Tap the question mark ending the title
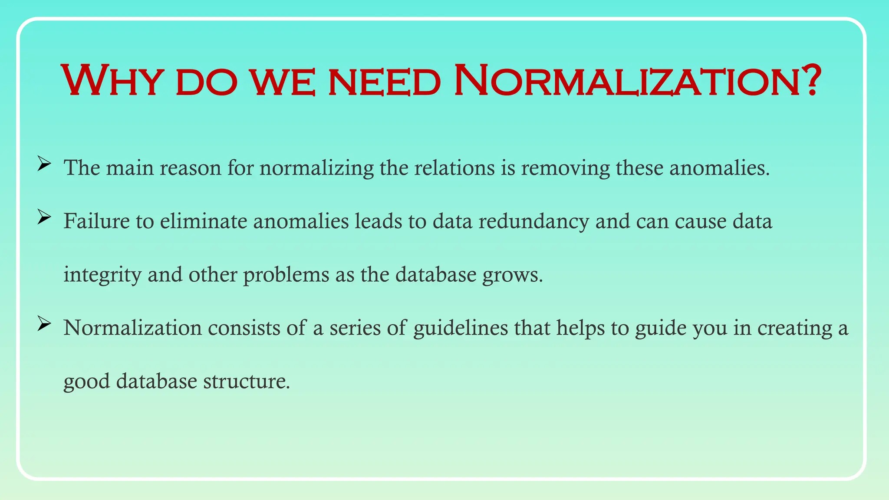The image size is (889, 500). click(810, 81)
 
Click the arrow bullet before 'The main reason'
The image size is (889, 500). click(44, 164)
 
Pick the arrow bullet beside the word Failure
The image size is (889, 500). click(44, 217)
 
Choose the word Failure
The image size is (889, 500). click(96, 221)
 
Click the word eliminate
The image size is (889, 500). click(204, 221)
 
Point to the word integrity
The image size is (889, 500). click(102, 275)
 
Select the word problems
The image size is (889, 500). click(286, 275)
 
